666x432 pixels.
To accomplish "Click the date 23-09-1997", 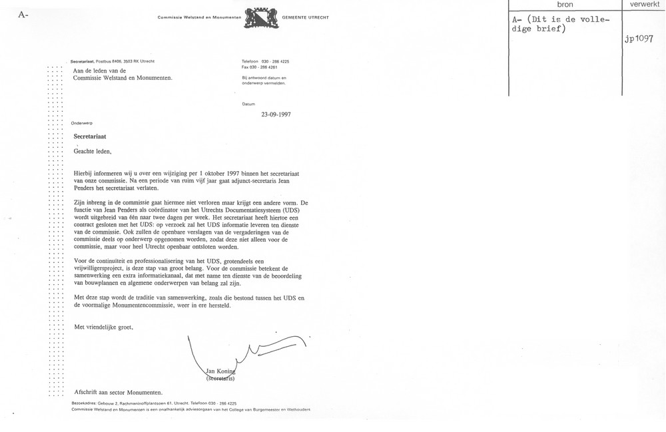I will (276, 114).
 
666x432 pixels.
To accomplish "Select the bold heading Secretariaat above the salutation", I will (91, 136).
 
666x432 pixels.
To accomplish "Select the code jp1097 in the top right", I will (638, 39).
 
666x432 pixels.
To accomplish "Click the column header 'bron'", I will (564, 5).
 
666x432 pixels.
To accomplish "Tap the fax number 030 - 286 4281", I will (266, 67).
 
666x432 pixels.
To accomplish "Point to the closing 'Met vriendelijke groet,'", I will (108, 327).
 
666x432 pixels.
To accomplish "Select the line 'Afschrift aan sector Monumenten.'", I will (118, 392).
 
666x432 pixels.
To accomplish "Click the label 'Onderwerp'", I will (83, 123).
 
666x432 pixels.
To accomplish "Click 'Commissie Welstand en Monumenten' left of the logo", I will (198, 17).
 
